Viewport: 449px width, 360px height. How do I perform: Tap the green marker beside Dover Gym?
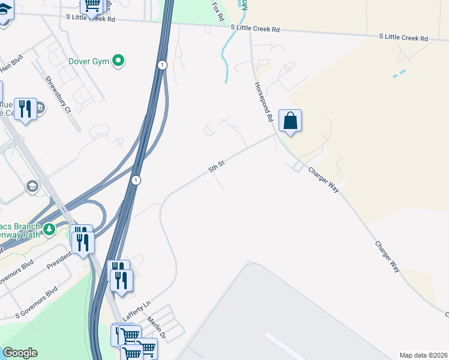click(119, 60)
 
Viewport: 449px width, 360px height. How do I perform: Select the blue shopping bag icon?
click(290, 120)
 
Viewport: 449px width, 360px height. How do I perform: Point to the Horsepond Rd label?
click(264, 103)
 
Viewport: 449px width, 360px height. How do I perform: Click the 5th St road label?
click(216, 166)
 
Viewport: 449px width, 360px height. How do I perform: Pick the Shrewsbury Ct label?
click(58, 95)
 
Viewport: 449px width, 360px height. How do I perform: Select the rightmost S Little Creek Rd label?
click(403, 38)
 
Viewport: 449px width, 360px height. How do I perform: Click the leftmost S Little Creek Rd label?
click(90, 19)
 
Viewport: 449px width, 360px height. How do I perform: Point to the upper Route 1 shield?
click(162, 64)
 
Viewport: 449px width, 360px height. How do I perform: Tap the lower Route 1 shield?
click(136, 180)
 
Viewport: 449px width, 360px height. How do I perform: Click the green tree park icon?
click(49, 229)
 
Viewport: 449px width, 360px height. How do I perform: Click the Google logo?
click(20, 353)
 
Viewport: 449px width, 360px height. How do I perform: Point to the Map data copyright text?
click(423, 355)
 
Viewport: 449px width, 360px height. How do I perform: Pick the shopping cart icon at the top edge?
click(92, 5)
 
